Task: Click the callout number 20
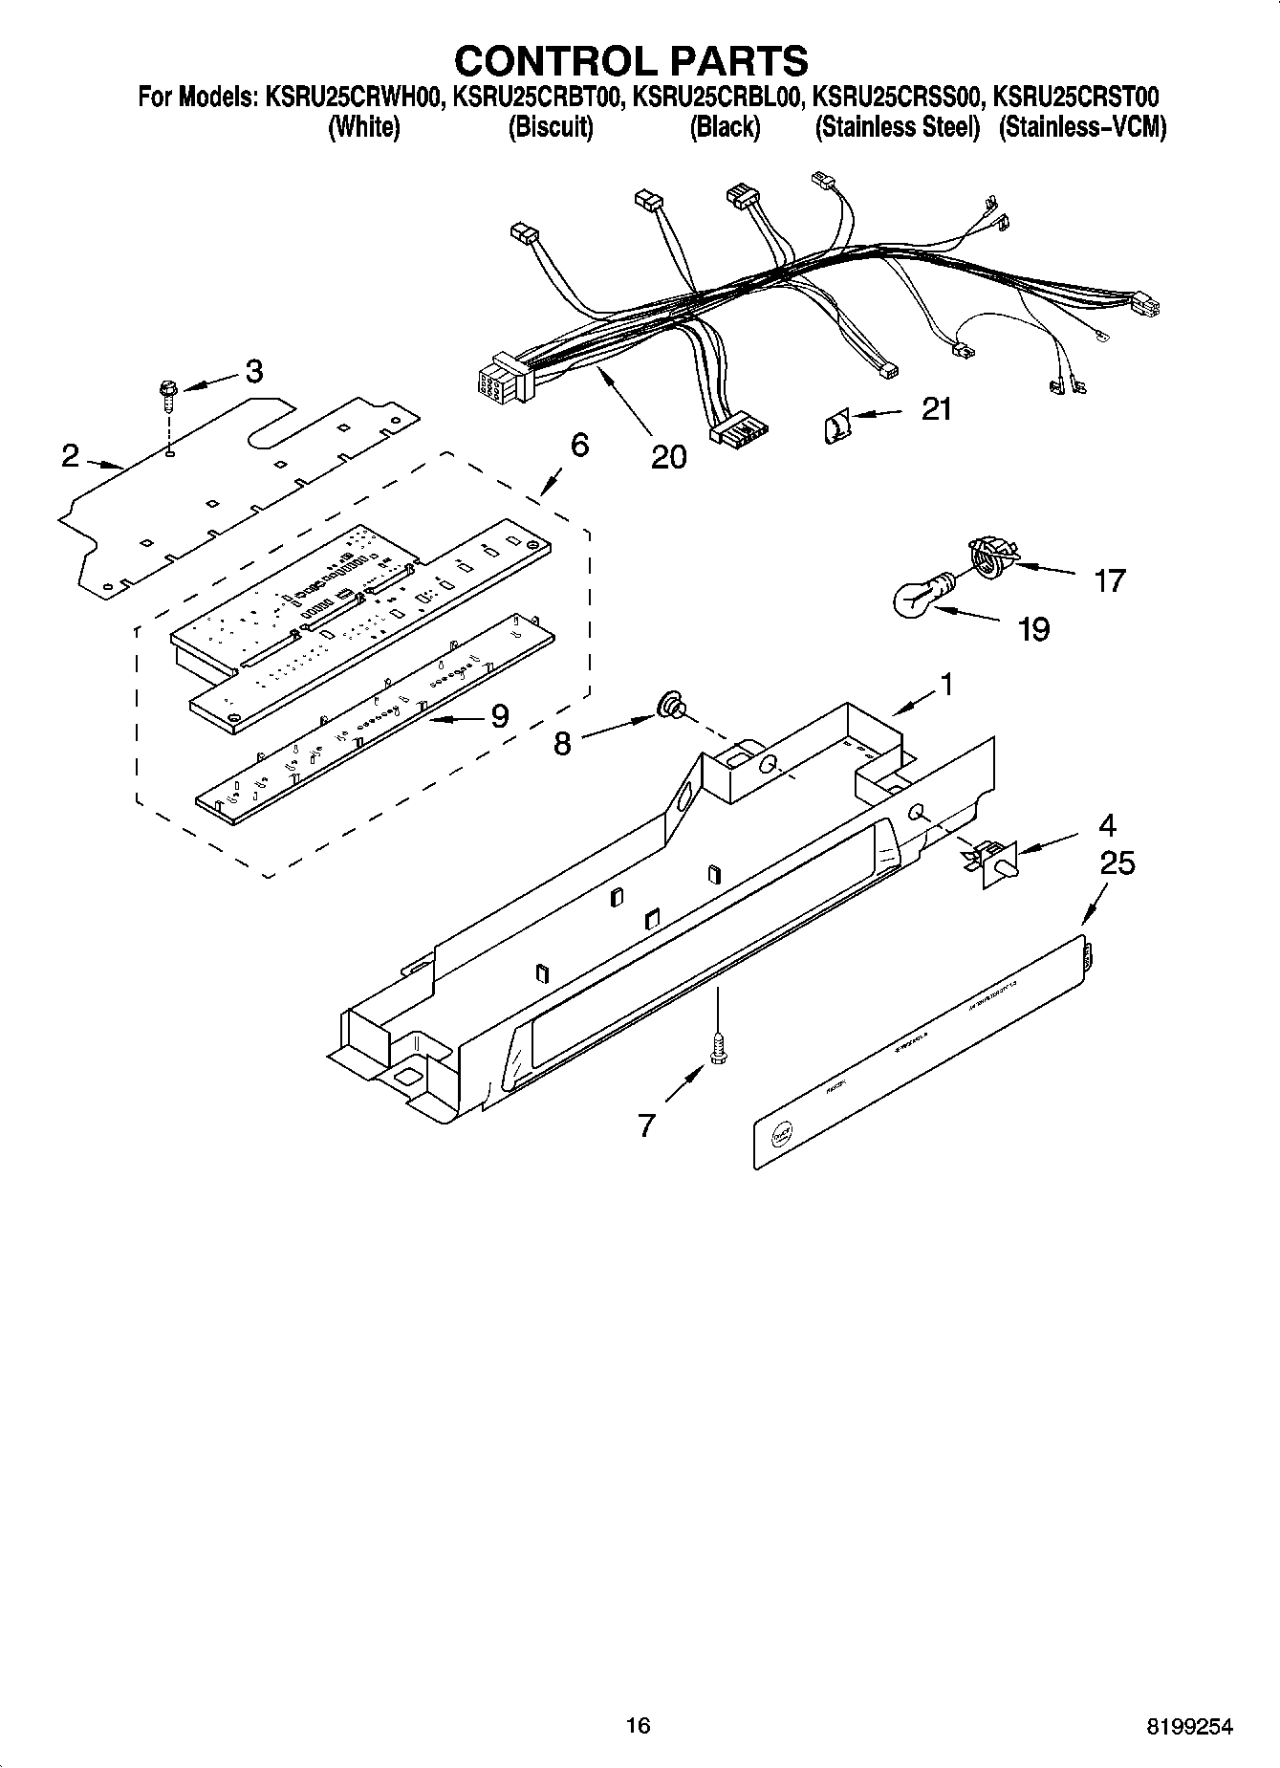[668, 457]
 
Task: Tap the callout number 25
[1117, 863]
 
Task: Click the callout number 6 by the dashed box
[579, 445]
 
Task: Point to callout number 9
[499, 715]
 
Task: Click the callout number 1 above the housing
[945, 684]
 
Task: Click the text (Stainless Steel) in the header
[897, 128]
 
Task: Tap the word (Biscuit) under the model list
[550, 128]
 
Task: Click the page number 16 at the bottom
[638, 1725]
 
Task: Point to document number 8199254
[1190, 1726]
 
